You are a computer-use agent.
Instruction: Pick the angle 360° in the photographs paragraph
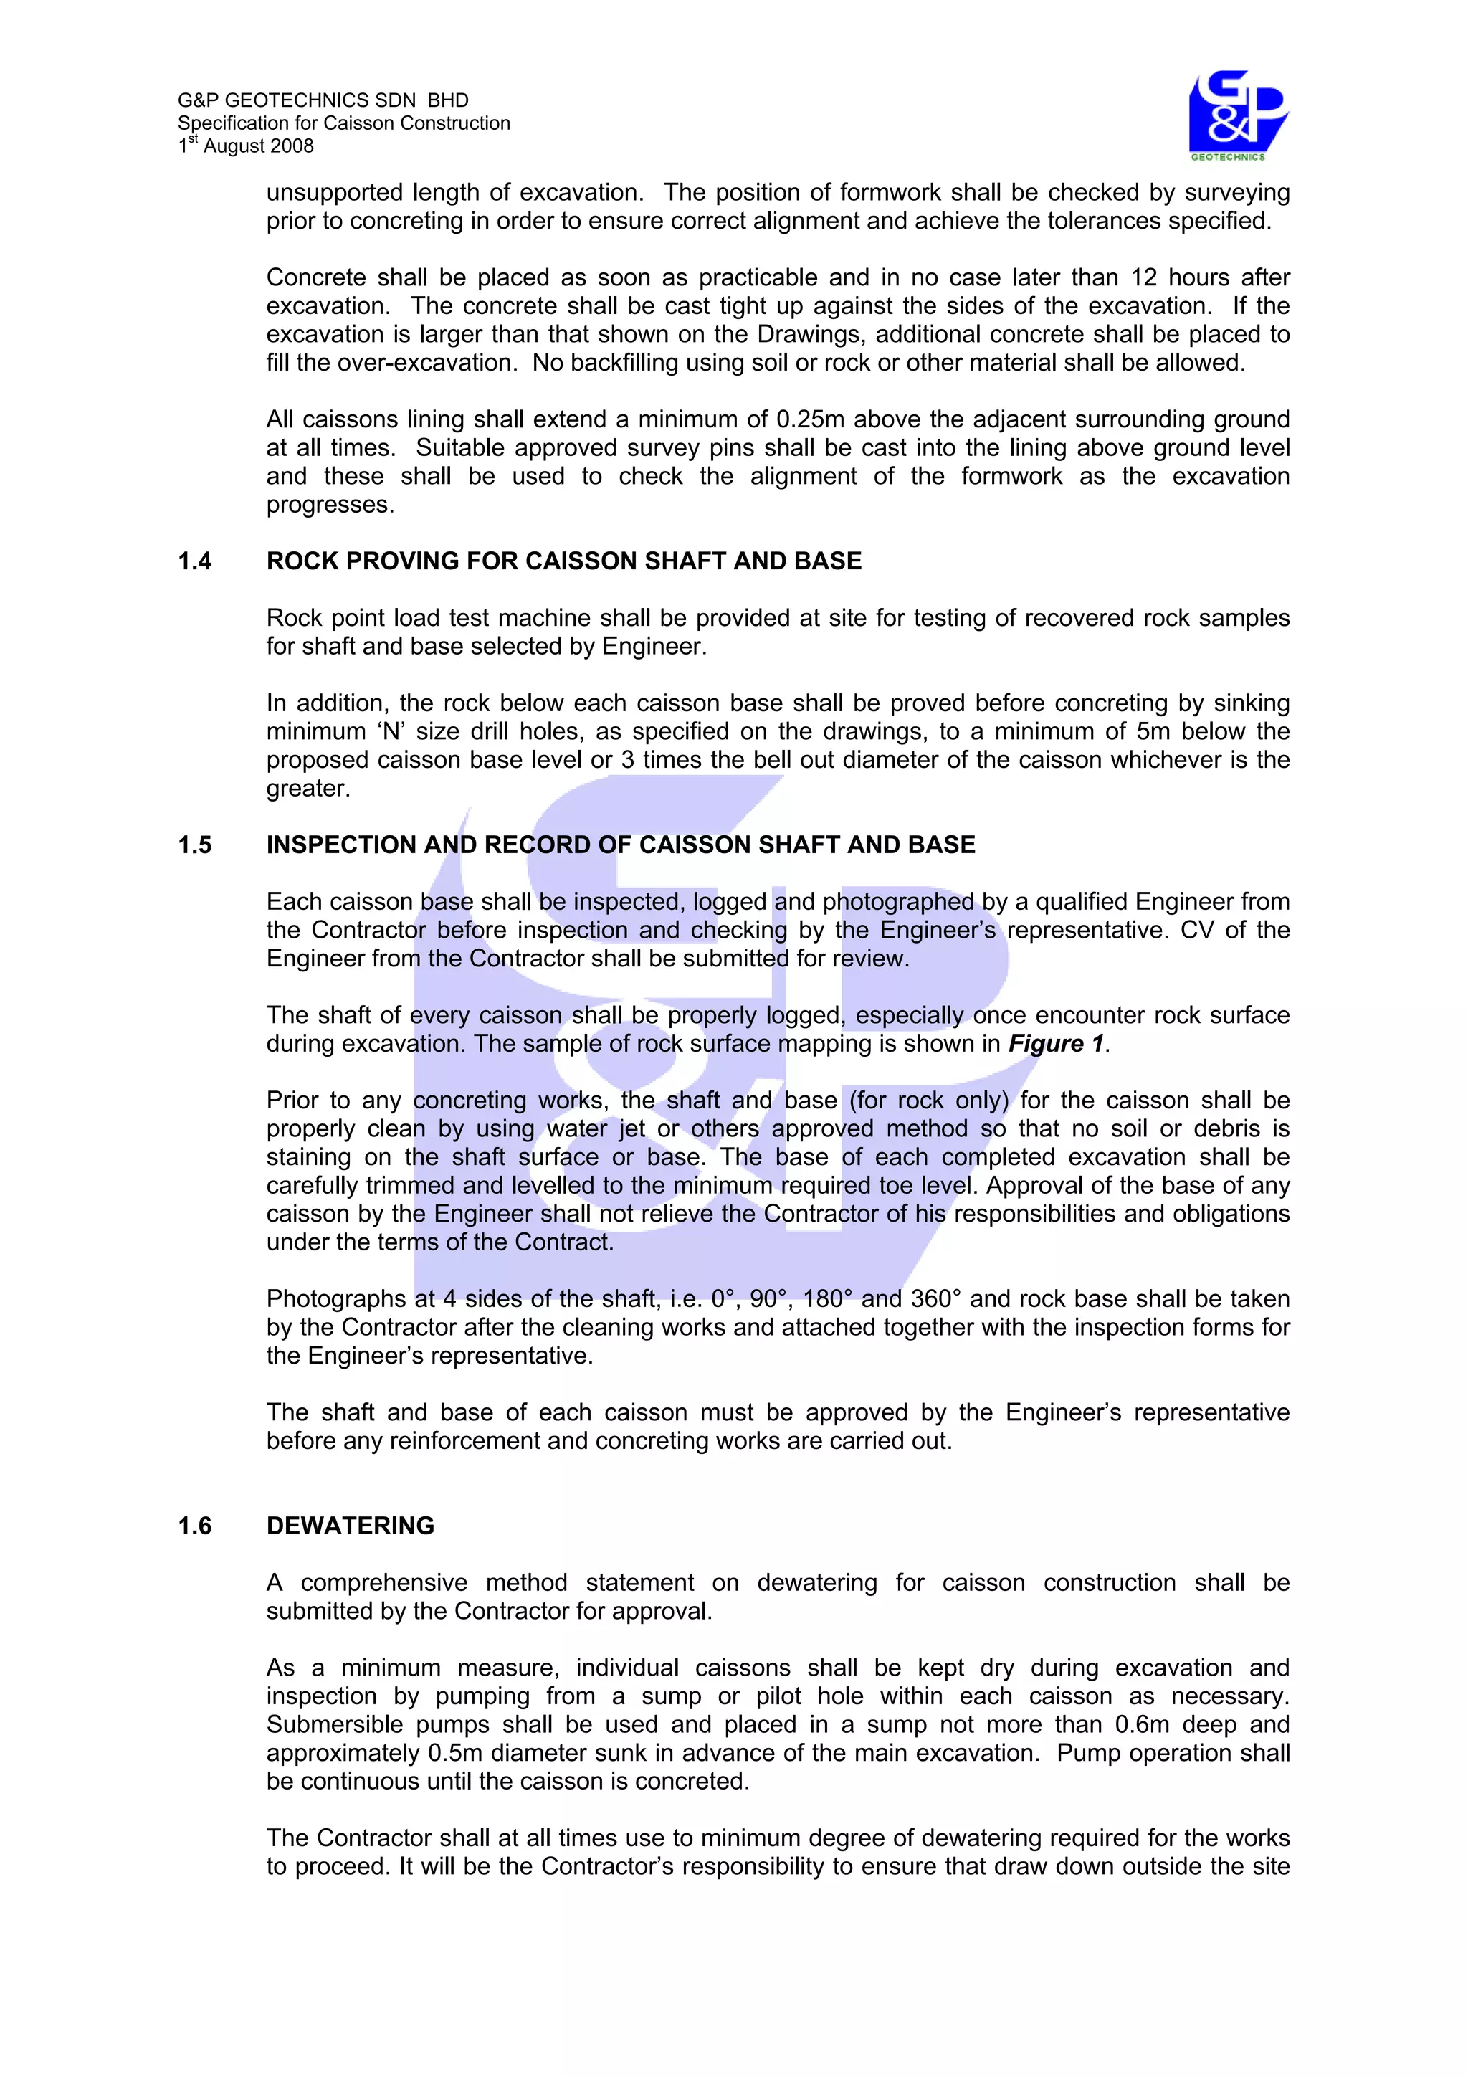click(935, 1299)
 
